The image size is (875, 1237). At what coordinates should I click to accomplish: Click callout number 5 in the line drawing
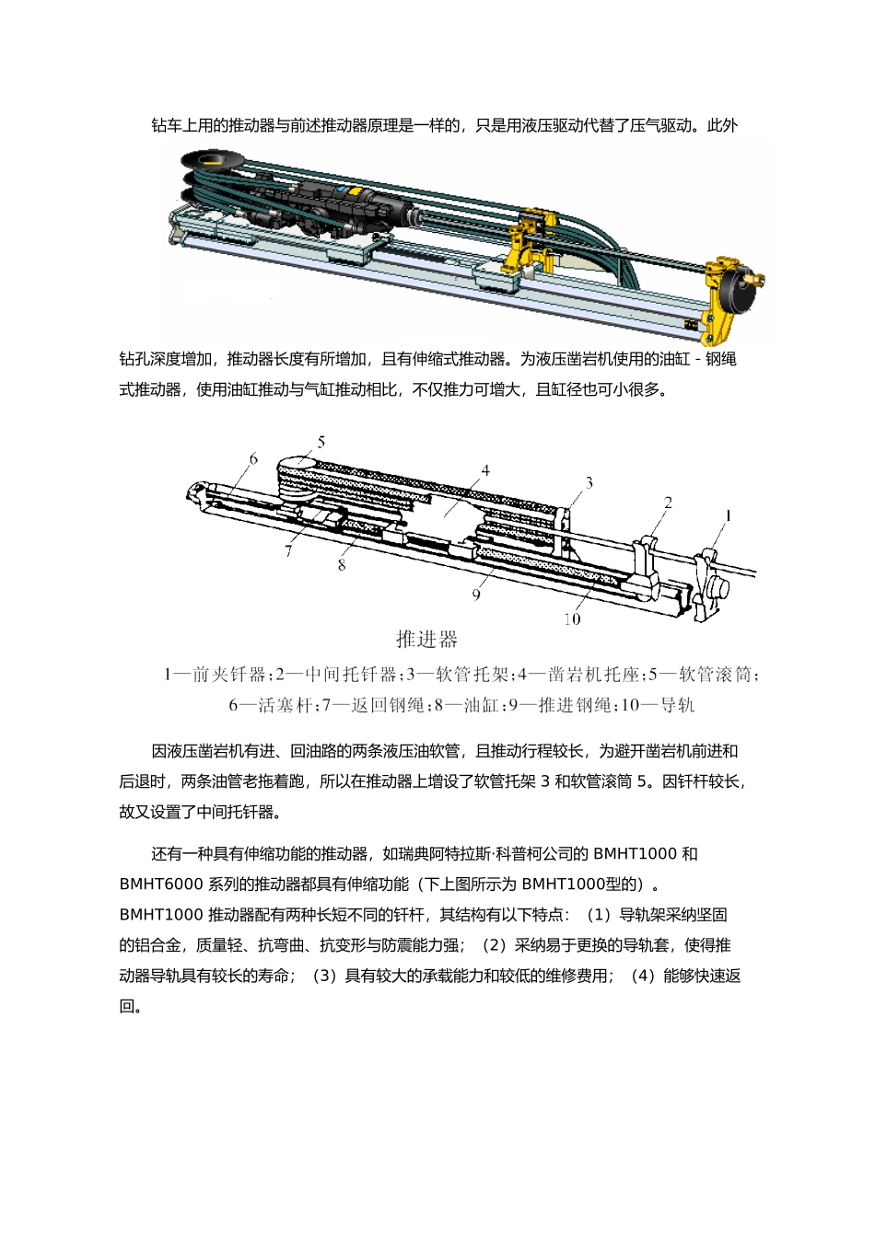(x=321, y=443)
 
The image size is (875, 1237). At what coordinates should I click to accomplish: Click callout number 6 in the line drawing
(x=253, y=458)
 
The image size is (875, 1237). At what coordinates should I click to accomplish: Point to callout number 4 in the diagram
(x=485, y=471)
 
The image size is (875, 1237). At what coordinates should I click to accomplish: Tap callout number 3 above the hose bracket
(x=589, y=482)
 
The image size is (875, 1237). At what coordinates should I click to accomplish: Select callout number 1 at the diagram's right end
(x=727, y=516)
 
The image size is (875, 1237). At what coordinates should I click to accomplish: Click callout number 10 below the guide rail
(x=572, y=619)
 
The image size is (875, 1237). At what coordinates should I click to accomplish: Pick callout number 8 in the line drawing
(x=342, y=564)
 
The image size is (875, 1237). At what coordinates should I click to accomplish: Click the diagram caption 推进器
(x=426, y=639)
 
